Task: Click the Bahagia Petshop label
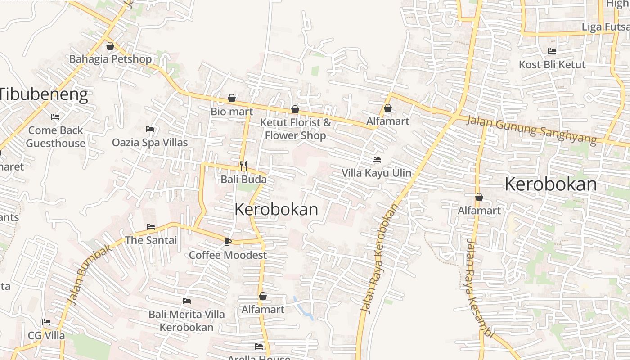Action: (x=110, y=59)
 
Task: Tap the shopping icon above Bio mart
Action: (x=232, y=98)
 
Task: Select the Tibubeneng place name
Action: (x=44, y=95)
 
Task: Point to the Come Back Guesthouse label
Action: (x=55, y=137)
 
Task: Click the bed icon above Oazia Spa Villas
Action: (x=150, y=129)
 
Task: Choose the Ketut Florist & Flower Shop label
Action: (x=295, y=129)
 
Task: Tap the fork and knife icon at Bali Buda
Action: (x=243, y=166)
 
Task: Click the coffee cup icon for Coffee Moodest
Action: (x=228, y=242)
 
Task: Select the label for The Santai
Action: (x=151, y=240)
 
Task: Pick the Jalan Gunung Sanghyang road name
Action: (x=531, y=130)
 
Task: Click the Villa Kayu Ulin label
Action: (x=376, y=173)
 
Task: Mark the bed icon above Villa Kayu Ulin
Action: (x=377, y=160)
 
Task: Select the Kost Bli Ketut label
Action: (x=552, y=65)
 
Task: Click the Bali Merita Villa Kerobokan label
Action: (x=187, y=320)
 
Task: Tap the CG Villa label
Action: (x=46, y=336)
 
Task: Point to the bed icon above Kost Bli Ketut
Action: (x=552, y=51)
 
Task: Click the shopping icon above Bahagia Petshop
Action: (x=110, y=46)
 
